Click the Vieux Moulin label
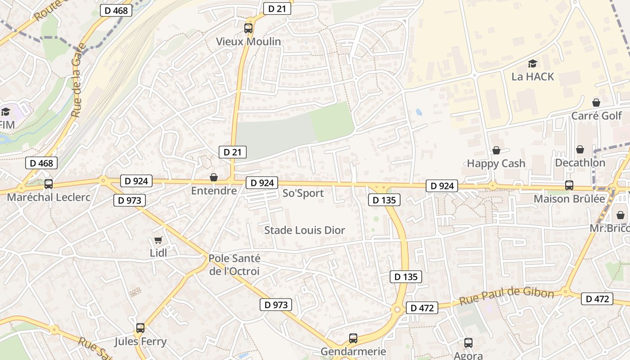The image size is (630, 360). point(248,41)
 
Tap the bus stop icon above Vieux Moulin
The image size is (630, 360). point(248,28)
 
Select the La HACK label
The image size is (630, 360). point(533,76)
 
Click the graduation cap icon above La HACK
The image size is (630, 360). point(533,63)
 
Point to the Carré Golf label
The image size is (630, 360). point(596,116)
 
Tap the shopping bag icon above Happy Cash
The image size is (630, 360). point(496,150)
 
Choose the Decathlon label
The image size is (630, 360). point(580,162)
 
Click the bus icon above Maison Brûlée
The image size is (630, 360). point(569,185)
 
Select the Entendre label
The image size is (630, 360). point(214,191)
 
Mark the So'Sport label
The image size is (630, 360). point(303,193)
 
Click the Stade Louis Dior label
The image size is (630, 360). point(305,230)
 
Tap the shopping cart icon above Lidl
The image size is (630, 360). point(158,240)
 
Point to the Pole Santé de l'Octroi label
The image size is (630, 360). point(234,265)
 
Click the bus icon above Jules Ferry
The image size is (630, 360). point(140,328)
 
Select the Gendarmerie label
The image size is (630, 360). point(353,351)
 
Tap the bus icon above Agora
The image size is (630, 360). point(468,343)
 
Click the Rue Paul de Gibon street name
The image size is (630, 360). point(506,297)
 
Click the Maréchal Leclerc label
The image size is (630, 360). point(49,197)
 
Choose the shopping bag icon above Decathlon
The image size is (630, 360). point(580,149)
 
